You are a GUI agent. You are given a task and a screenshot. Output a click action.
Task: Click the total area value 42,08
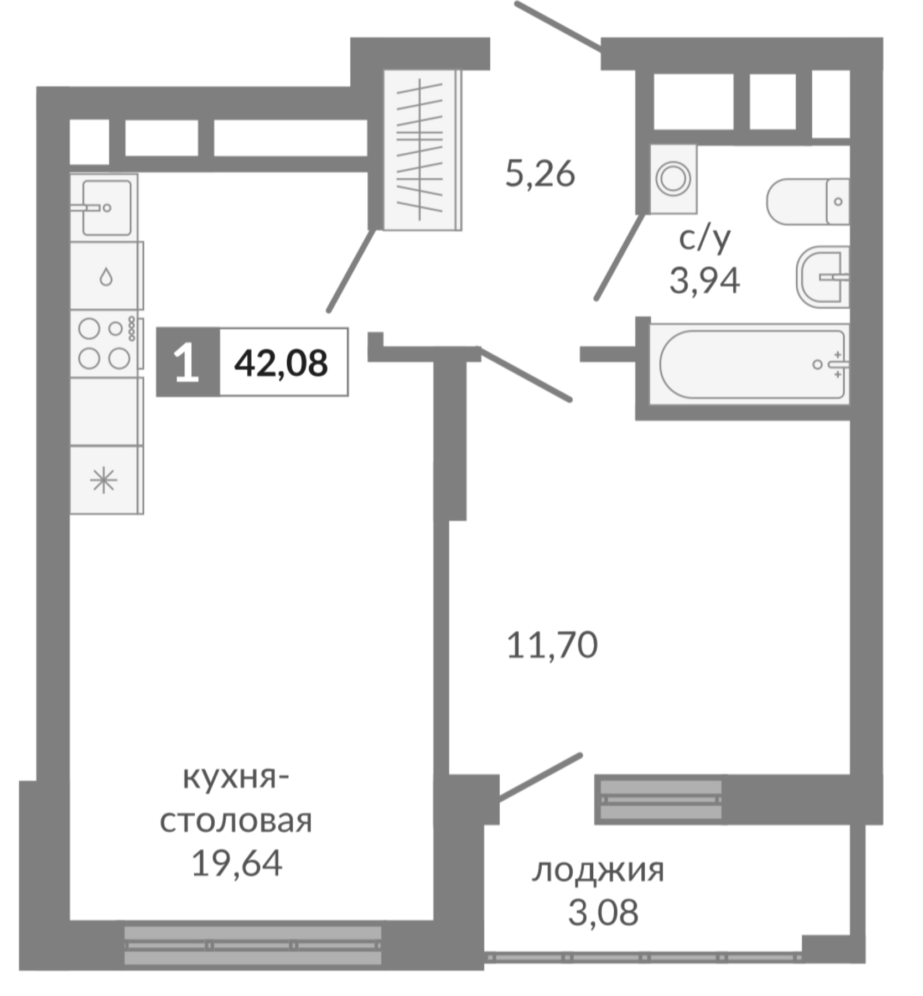[x=281, y=364]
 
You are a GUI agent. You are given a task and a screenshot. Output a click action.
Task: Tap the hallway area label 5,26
[x=540, y=174]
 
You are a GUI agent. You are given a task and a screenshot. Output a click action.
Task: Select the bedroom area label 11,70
[x=552, y=645]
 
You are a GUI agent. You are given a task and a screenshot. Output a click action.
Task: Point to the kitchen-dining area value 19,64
[x=237, y=863]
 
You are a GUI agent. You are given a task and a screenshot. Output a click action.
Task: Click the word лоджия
[x=598, y=870]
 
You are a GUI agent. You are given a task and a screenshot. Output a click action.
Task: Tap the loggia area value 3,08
[x=603, y=912]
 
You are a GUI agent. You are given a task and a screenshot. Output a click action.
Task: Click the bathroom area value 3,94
[x=704, y=280]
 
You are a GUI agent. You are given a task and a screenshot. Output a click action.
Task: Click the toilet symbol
[x=808, y=201]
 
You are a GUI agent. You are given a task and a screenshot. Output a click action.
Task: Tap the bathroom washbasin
[x=823, y=277]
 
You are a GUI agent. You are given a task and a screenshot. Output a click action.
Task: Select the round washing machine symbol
[x=673, y=179]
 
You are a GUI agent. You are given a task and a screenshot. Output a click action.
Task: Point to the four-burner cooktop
[x=105, y=344]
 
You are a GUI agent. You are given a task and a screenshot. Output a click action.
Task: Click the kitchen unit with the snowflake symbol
[x=104, y=480]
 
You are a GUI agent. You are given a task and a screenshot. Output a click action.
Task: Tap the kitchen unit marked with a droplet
[x=105, y=276]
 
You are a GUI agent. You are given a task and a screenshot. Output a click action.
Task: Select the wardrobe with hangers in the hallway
[x=422, y=149]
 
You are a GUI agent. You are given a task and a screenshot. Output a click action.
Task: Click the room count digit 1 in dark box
[x=187, y=363]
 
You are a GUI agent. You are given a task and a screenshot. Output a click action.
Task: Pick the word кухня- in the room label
[x=236, y=779]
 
